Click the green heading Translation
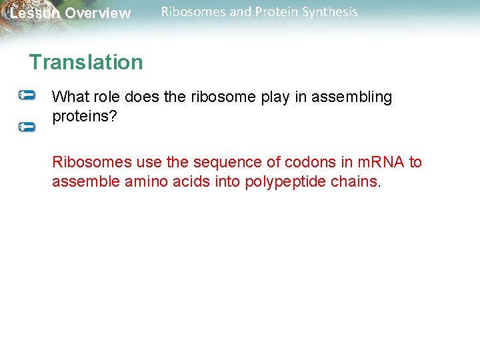pos(85,62)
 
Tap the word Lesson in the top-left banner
pos(35,13)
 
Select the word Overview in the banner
pos(98,13)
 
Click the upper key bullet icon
pos(27,95)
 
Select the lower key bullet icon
pos(27,125)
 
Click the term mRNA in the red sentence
pos(378,162)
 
